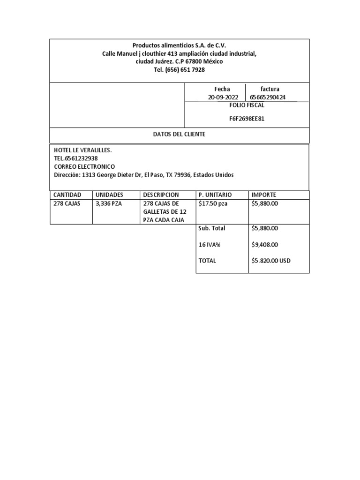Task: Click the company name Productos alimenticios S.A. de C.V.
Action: (x=179, y=45)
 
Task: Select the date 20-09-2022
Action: (x=223, y=97)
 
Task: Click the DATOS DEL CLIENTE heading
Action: (x=179, y=135)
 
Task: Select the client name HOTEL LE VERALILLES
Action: (x=83, y=150)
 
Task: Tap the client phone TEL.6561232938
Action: (x=76, y=158)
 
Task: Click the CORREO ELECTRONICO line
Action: (x=84, y=166)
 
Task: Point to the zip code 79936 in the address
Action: (x=180, y=175)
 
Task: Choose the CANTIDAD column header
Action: (x=67, y=195)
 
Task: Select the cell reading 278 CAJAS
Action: (x=67, y=203)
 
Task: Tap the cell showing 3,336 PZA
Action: (x=108, y=203)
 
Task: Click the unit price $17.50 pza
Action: (x=213, y=203)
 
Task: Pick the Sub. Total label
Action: (x=212, y=228)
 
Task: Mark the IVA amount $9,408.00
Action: (x=265, y=244)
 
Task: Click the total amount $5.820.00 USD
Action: (x=271, y=261)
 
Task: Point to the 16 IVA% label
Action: (x=210, y=244)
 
